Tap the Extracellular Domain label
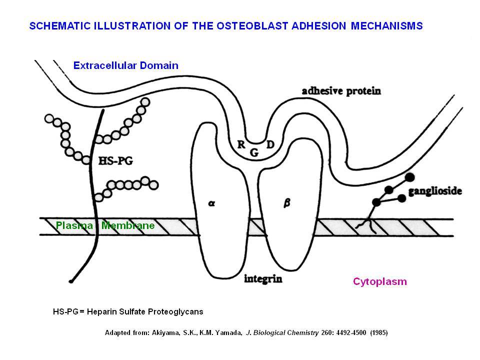tap(126, 65)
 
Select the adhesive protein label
tap(341, 91)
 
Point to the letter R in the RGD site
tap(241, 144)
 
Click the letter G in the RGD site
tap(254, 152)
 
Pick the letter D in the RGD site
tap(270, 144)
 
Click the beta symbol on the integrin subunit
tap(287, 203)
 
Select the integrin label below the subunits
tap(263, 279)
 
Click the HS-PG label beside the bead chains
tap(115, 160)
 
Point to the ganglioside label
tap(435, 191)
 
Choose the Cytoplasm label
tap(380, 281)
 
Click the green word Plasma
tap(74, 225)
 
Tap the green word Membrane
tap(128, 225)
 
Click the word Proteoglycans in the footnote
tap(175, 311)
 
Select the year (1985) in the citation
tap(379, 333)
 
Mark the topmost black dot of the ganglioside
tap(410, 177)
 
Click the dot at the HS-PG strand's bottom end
tap(71, 281)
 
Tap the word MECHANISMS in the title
tap(386, 25)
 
